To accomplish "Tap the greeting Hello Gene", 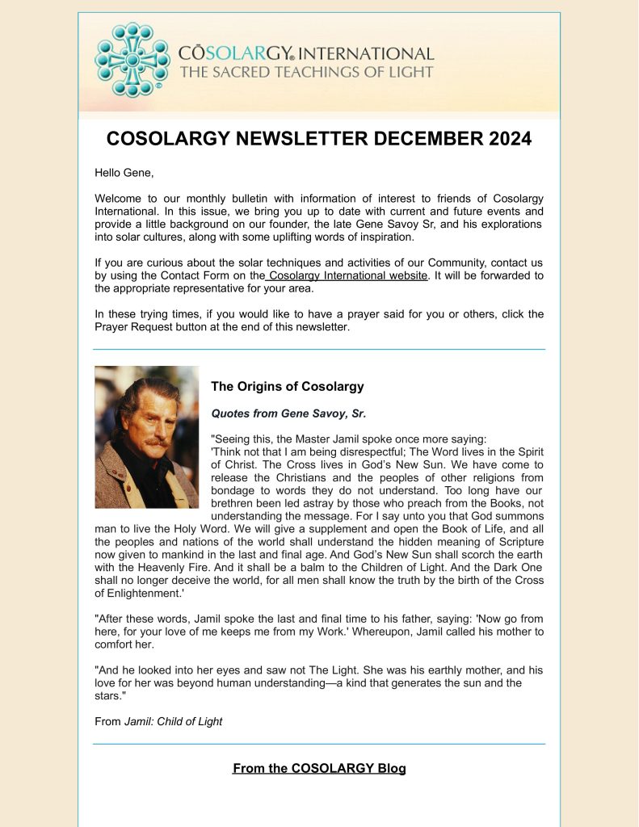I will [x=122, y=174].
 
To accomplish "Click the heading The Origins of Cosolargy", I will [x=288, y=386].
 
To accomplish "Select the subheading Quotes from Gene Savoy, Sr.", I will [x=288, y=413].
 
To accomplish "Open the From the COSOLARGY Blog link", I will [x=319, y=768].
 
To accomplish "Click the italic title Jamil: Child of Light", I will [x=173, y=721].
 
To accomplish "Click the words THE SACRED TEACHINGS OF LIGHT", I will [x=306, y=73].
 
